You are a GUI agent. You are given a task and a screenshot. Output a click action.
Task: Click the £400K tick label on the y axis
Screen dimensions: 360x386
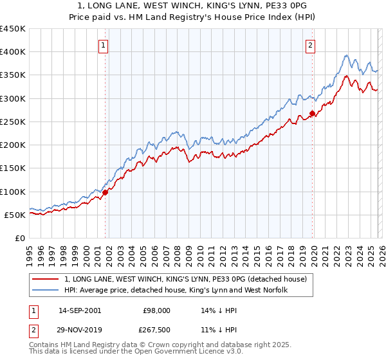point(13,52)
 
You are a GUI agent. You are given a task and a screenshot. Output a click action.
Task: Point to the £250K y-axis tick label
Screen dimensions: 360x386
point(13,122)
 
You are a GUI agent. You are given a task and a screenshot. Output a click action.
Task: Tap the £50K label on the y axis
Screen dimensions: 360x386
point(15,215)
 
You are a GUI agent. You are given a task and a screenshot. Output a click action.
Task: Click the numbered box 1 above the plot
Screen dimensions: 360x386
point(104,45)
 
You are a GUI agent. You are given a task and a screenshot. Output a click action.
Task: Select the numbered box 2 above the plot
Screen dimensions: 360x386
point(311,45)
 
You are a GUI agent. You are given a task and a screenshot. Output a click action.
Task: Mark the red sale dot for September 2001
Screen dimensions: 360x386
point(106,192)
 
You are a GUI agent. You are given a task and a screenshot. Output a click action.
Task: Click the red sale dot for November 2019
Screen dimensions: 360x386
point(312,114)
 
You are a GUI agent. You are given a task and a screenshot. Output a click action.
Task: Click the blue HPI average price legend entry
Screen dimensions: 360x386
point(176,291)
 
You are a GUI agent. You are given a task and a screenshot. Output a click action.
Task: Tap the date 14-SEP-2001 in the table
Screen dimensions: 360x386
point(79,310)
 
